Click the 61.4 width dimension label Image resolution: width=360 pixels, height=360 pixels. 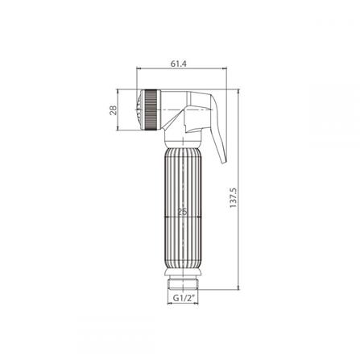click(179, 64)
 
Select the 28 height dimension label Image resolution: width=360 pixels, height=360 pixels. click(114, 110)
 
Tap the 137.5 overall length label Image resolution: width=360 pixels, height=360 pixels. click(234, 197)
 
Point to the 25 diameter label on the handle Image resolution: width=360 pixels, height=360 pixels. click(183, 212)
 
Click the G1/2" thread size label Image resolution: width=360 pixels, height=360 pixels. click(183, 298)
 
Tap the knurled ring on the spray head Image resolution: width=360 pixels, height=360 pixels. click(153, 110)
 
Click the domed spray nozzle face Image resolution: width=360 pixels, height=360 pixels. click(139, 110)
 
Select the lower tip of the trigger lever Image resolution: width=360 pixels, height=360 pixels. click(224, 162)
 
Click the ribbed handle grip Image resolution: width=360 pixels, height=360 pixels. click(183, 211)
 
